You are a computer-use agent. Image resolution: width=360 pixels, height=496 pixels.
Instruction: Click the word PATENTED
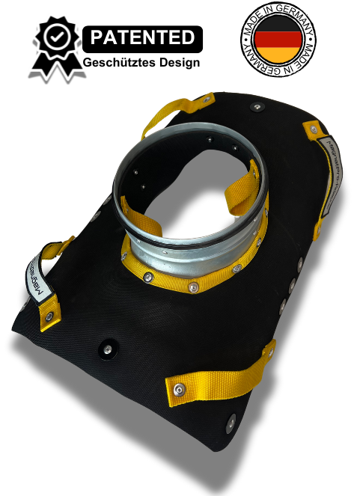(x=142, y=37)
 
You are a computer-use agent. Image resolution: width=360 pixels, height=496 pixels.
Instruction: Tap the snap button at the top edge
(x=258, y=106)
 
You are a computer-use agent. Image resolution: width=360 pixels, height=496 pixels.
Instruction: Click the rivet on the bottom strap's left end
(x=180, y=389)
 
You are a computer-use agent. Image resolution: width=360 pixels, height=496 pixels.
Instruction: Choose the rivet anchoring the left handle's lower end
(x=51, y=311)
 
